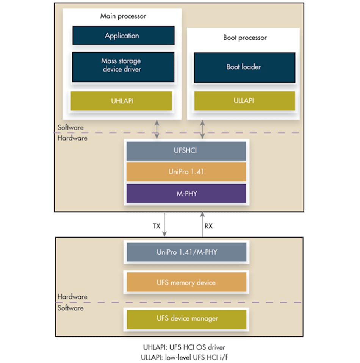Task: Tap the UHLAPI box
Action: [121, 101]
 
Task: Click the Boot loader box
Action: [244, 67]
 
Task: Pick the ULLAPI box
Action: [244, 101]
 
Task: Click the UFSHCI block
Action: [186, 151]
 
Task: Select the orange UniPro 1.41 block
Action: [186, 172]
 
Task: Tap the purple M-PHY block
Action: [186, 193]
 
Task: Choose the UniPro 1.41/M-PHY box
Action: [186, 252]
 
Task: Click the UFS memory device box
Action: [186, 283]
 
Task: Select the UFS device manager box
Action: [186, 318]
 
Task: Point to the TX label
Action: [156, 226]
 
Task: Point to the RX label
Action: [209, 226]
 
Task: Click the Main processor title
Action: [123, 16]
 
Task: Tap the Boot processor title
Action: [245, 38]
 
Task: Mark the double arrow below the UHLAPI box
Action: [157, 129]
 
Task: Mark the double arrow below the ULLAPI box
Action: [203, 129]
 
